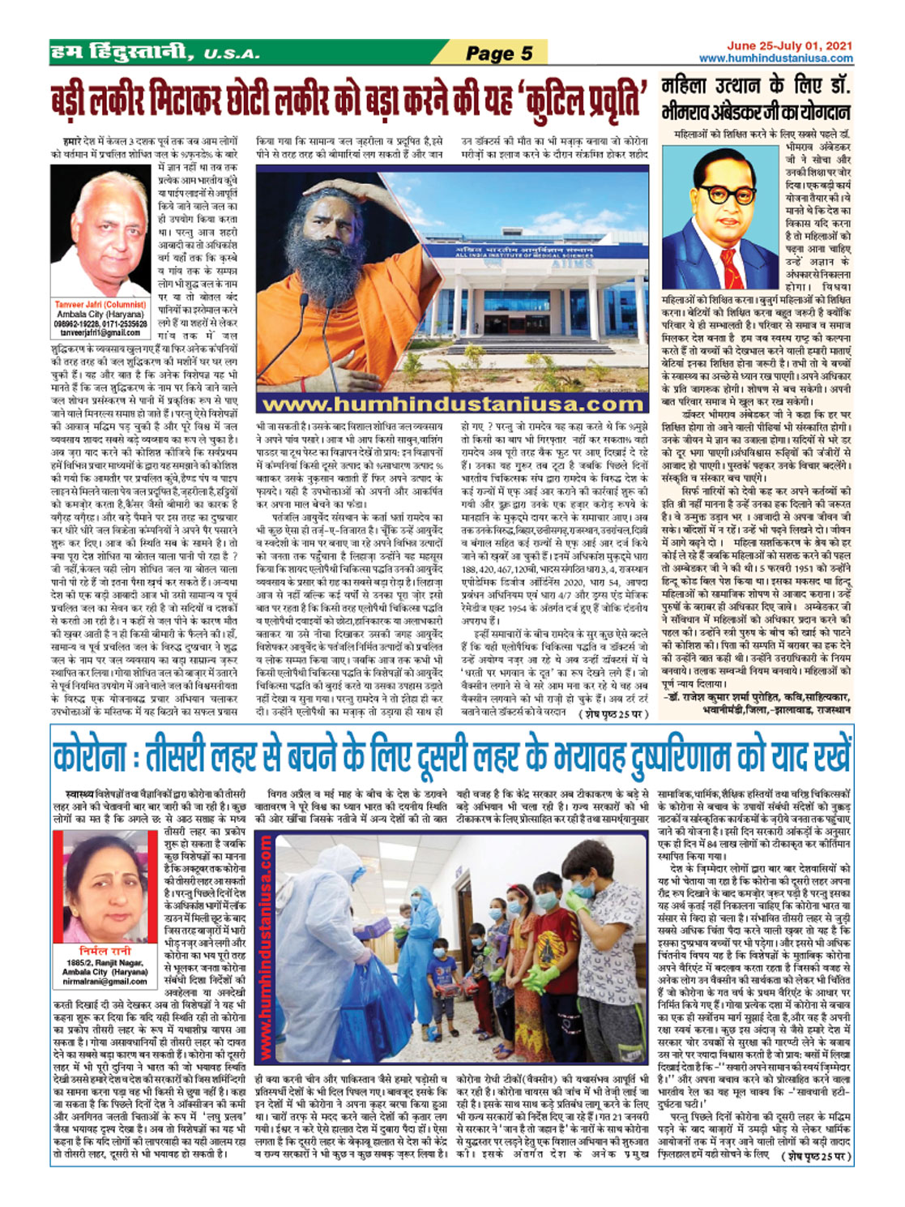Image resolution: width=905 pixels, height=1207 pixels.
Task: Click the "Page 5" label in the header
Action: pos(499,54)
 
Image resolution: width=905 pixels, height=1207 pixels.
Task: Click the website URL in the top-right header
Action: pos(776,58)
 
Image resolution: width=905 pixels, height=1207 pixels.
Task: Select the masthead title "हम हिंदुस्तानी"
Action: pos(122,54)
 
